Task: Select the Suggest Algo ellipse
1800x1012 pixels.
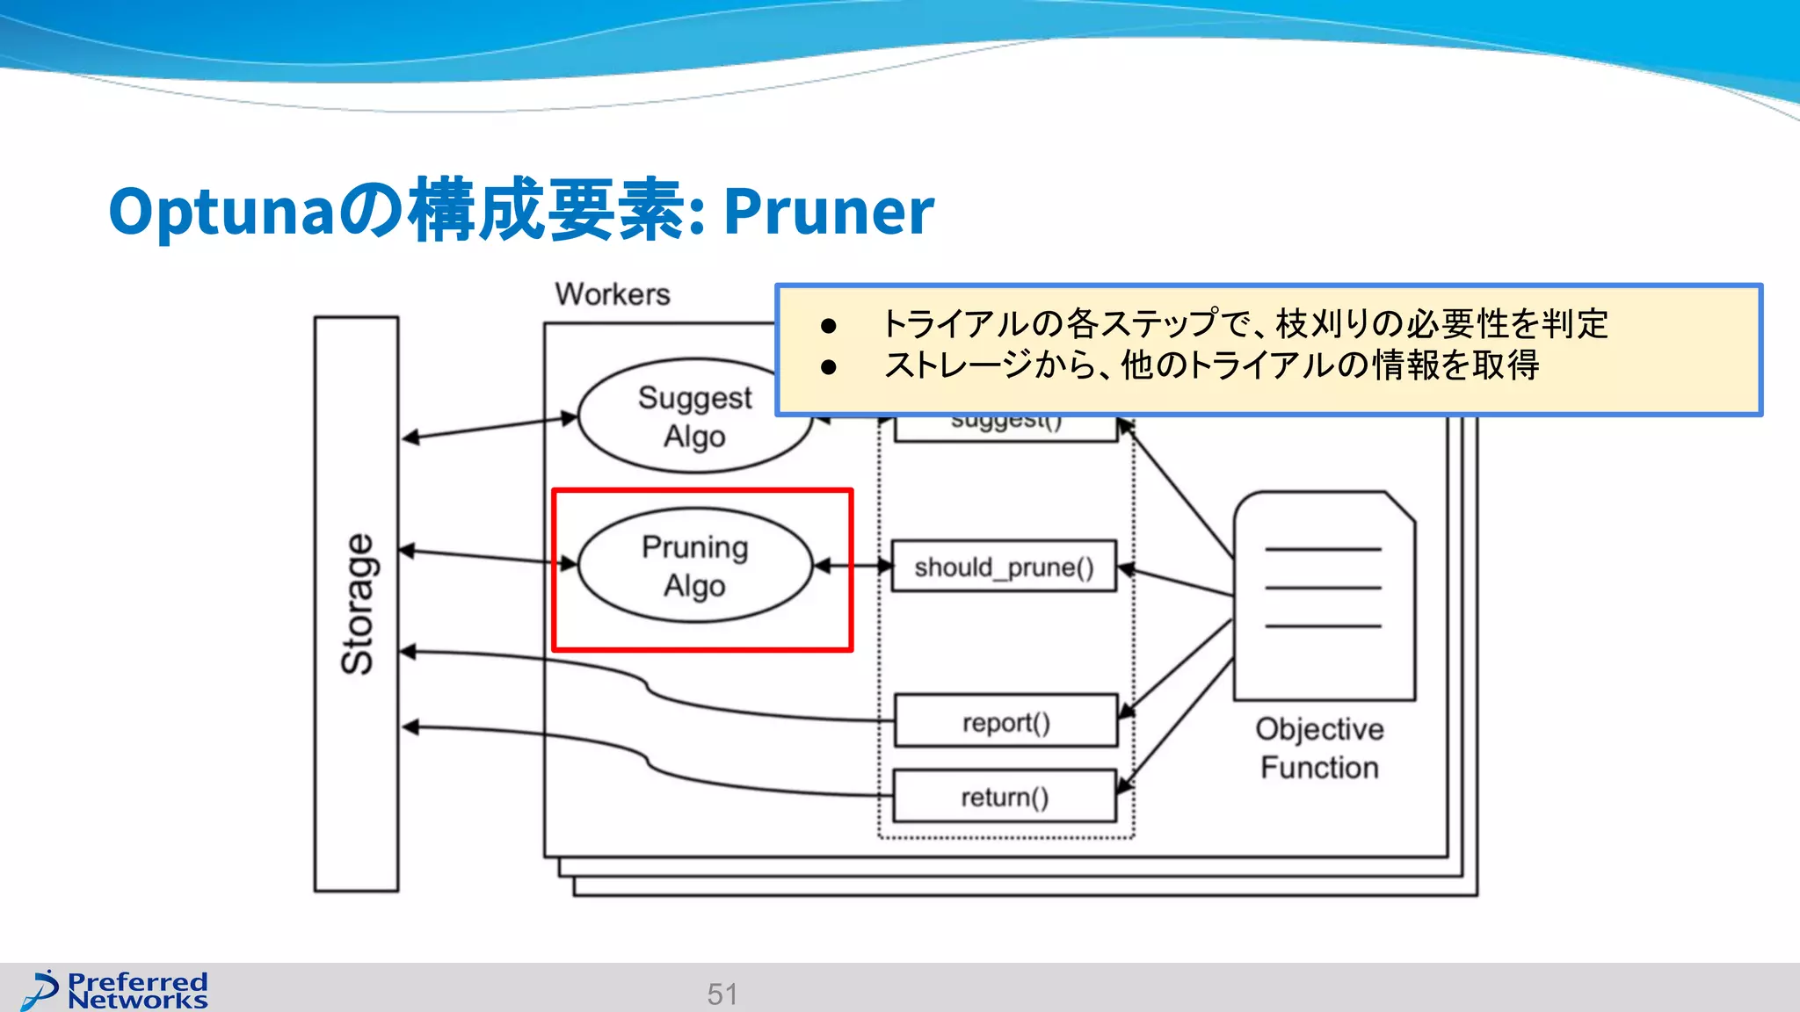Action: point(694,417)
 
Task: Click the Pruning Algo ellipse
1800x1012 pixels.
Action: point(694,566)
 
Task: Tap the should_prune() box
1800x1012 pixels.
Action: point(1004,567)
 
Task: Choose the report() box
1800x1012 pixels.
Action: point(1005,722)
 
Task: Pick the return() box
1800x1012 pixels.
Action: point(1004,797)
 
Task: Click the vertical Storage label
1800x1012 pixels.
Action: point(357,604)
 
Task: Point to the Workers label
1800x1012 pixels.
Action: point(613,294)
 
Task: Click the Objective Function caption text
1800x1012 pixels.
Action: point(1319,748)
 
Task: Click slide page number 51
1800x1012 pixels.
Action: point(722,994)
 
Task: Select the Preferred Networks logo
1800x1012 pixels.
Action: point(115,990)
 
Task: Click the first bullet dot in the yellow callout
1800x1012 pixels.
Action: point(828,326)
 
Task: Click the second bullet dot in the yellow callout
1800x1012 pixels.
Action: point(828,366)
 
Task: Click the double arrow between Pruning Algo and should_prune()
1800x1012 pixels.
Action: point(853,567)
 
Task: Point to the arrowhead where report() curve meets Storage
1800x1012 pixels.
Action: point(408,652)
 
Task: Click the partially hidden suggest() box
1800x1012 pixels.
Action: point(1005,427)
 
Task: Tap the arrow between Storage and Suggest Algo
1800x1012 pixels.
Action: point(489,428)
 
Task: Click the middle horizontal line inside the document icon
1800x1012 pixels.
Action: point(1323,588)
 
